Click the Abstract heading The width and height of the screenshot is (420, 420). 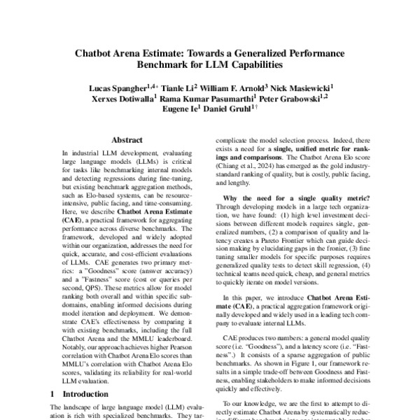[x=127, y=140]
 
